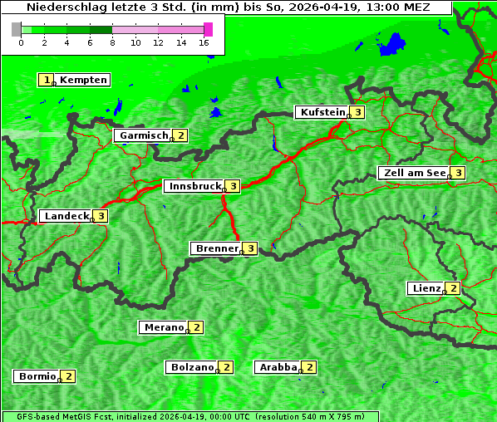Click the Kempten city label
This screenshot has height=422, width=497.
pyautogui.click(x=83, y=80)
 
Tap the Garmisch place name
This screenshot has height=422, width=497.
pyautogui.click(x=143, y=135)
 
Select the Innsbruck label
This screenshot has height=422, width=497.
pyautogui.click(x=194, y=186)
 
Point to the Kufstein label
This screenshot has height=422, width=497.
pyautogui.click(x=322, y=112)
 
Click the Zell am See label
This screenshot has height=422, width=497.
pyautogui.click(x=412, y=173)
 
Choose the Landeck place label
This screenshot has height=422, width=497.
pyautogui.click(x=66, y=216)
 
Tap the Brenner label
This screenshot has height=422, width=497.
pyautogui.click(x=216, y=248)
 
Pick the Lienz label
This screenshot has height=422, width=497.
pyautogui.click(x=426, y=288)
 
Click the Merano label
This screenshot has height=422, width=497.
pyautogui.click(x=163, y=327)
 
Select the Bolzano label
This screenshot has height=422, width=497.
pyautogui.click(x=192, y=366)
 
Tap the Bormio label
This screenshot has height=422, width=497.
pyautogui.click(x=37, y=376)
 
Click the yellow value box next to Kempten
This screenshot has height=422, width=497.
pyautogui.click(x=47, y=80)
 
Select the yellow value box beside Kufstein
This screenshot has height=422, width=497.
pyautogui.click(x=357, y=112)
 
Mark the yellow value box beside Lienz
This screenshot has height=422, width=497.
pyautogui.click(x=453, y=288)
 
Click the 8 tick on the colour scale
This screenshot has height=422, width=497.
pyautogui.click(x=112, y=42)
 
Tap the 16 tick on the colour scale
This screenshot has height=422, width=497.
pyautogui.click(x=204, y=42)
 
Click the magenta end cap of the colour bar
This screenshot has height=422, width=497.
pyautogui.click(x=209, y=29)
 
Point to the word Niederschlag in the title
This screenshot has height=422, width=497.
pyautogui.click(x=62, y=7)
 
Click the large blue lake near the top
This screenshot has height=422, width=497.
pyautogui.click(x=392, y=44)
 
